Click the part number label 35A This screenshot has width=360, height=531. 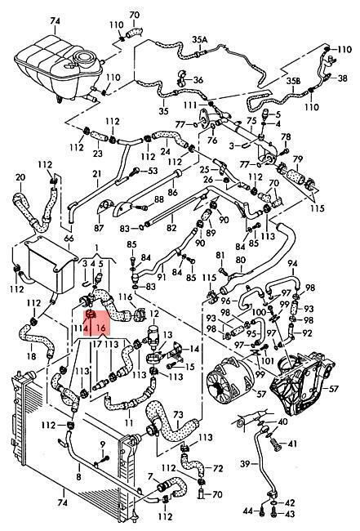coord(200,40)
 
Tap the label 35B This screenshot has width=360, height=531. coord(293,81)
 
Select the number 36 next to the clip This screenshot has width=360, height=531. coord(198,80)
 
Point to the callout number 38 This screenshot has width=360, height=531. coord(342,78)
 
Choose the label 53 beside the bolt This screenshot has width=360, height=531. coord(153,171)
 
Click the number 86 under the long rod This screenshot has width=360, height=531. coord(172,192)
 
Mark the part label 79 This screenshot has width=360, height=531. coord(298,158)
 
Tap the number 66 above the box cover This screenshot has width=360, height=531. coord(69,239)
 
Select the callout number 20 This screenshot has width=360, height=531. coord(20,177)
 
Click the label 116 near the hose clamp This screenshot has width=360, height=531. coord(126,297)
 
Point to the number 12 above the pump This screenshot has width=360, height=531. coord(154,315)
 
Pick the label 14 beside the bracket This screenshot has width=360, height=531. coord(194,349)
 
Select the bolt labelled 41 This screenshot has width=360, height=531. coord(276,444)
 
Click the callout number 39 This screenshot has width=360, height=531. coord(245,463)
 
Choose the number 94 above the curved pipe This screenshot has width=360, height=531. coord(293,264)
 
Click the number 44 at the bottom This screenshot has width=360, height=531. coord(248,511)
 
